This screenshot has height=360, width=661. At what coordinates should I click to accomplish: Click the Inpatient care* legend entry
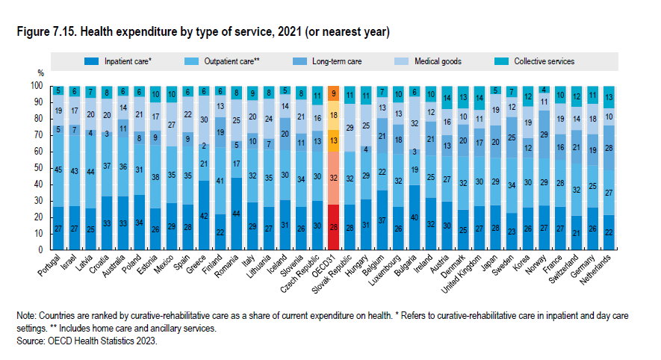(x=128, y=61)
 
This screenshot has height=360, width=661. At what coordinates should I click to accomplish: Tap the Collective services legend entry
(x=543, y=61)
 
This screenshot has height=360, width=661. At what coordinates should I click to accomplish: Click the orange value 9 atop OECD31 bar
(x=333, y=93)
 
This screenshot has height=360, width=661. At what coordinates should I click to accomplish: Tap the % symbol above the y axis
(x=42, y=74)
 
